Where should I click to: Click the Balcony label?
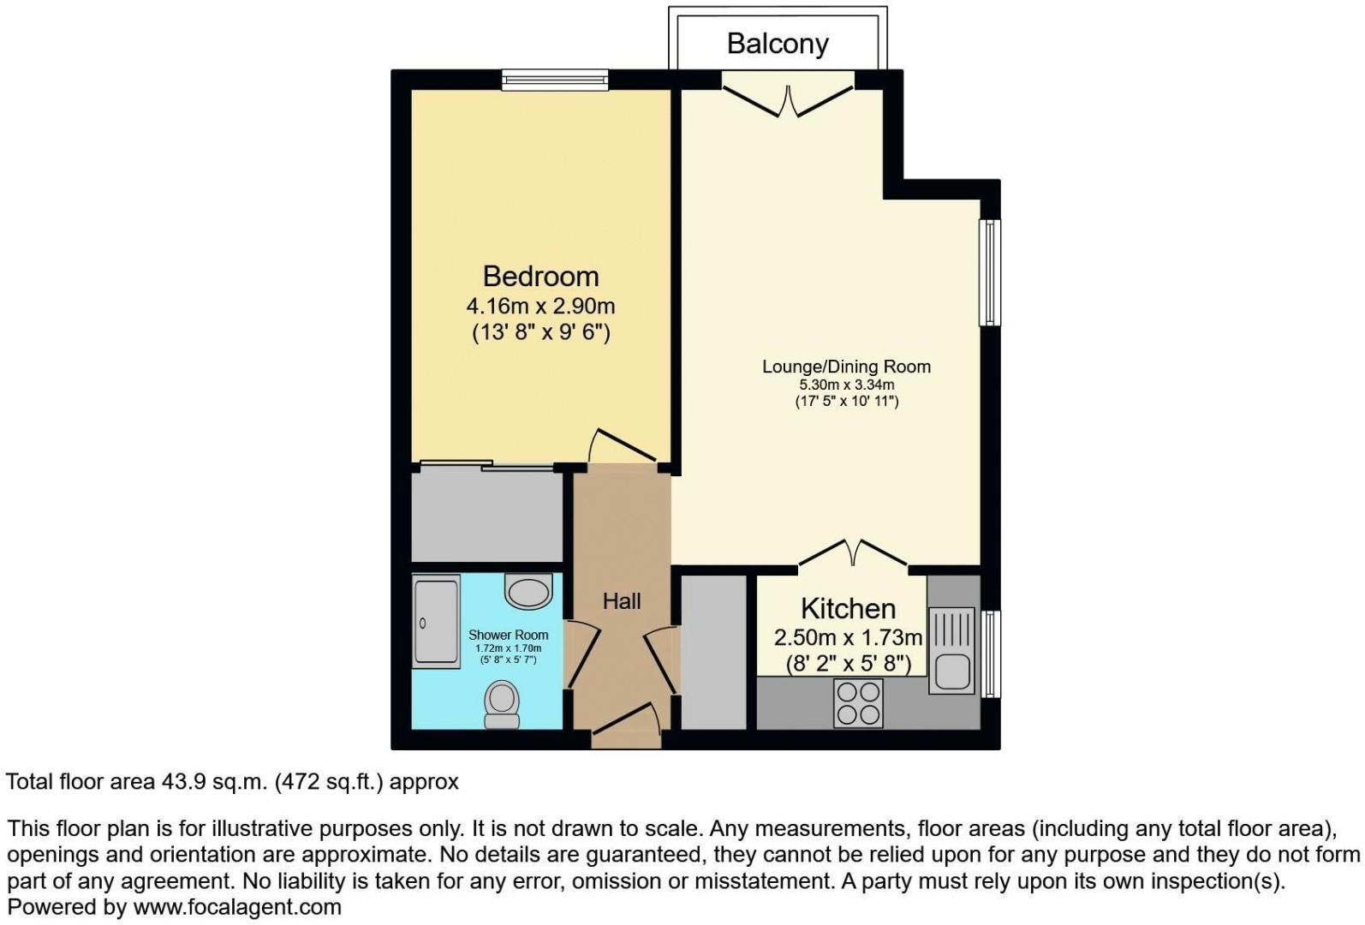[777, 44]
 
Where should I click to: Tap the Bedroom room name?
[540, 276]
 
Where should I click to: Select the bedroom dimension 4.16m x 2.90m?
[540, 306]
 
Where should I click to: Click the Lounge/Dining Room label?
[846, 367]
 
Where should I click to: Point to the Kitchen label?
[848, 608]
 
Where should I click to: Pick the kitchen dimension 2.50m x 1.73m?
[848, 637]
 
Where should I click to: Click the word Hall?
[621, 601]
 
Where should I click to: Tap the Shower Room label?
[508, 635]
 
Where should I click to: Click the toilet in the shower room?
[502, 704]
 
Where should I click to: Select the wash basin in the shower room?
[528, 591]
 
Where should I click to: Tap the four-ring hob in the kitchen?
[858, 703]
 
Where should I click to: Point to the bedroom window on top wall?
[555, 81]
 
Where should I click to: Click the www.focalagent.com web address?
[237, 907]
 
